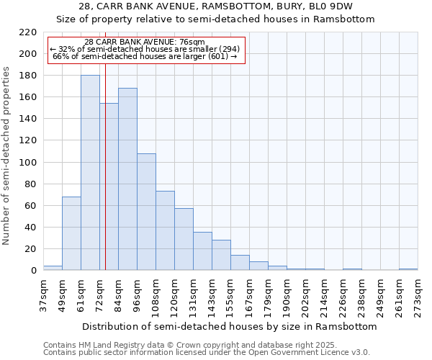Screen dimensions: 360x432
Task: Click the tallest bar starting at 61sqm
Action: tap(90, 173)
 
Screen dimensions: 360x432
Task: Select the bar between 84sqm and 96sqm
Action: tap(127, 179)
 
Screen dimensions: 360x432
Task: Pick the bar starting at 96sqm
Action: tap(146, 212)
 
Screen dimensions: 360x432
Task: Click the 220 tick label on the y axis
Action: tap(28, 32)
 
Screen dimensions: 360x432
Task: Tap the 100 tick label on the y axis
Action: tap(28, 163)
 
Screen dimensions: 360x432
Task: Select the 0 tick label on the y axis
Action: tap(33, 271)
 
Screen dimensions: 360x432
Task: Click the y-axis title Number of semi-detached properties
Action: tap(7, 155)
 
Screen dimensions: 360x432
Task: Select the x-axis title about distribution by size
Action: tap(229, 326)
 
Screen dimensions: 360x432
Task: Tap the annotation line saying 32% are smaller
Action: tap(146, 49)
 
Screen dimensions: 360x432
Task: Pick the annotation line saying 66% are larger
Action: tap(146, 56)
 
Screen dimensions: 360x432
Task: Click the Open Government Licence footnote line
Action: tap(207, 353)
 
